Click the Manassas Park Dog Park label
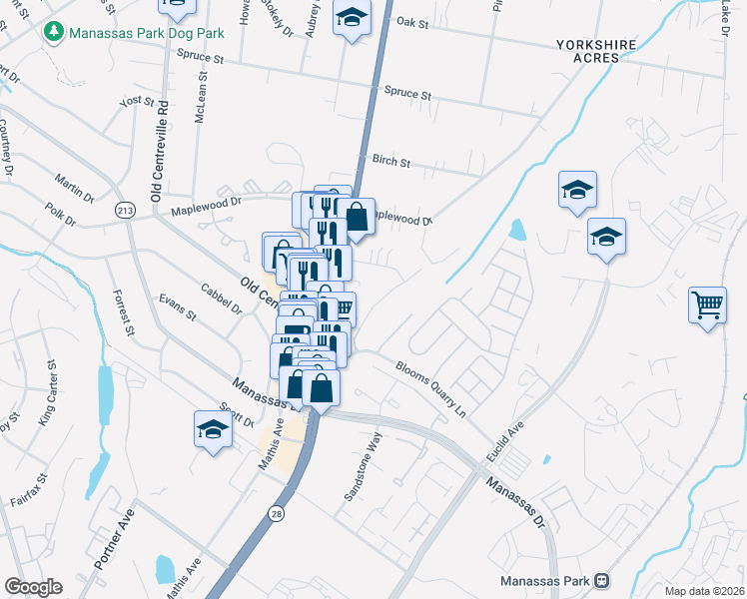[145, 33]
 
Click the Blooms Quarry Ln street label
[431, 387]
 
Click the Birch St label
[390, 160]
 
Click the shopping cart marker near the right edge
[707, 303]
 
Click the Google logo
[33, 587]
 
